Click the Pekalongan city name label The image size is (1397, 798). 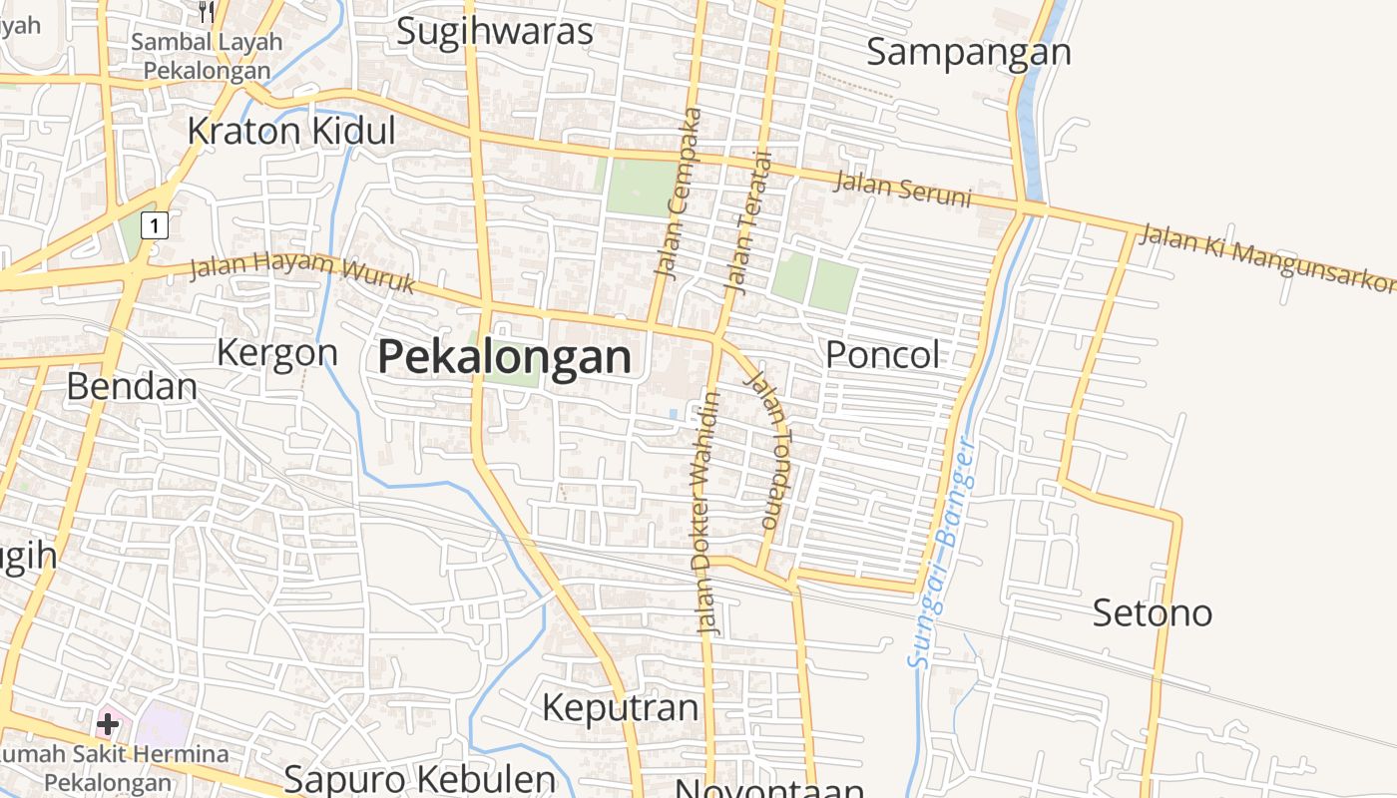[x=505, y=357]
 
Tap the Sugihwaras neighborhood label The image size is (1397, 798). [x=495, y=31]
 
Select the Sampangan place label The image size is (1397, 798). [x=968, y=52]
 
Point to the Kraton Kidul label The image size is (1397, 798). [x=291, y=131]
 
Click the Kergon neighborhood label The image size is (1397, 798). [x=277, y=352]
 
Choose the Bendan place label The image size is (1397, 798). [x=132, y=386]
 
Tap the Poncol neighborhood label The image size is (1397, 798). [x=883, y=354]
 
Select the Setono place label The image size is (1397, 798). [x=1153, y=611]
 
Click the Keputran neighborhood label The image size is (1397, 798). [x=620, y=707]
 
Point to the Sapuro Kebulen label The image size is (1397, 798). [x=419, y=778]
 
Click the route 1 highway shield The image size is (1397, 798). [x=155, y=225]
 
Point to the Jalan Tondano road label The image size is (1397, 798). [x=769, y=449]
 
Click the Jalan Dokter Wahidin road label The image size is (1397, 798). [x=708, y=513]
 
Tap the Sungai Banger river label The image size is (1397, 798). [x=941, y=553]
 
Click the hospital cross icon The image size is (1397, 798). [x=108, y=723]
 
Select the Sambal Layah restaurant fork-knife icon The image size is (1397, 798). [x=207, y=12]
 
